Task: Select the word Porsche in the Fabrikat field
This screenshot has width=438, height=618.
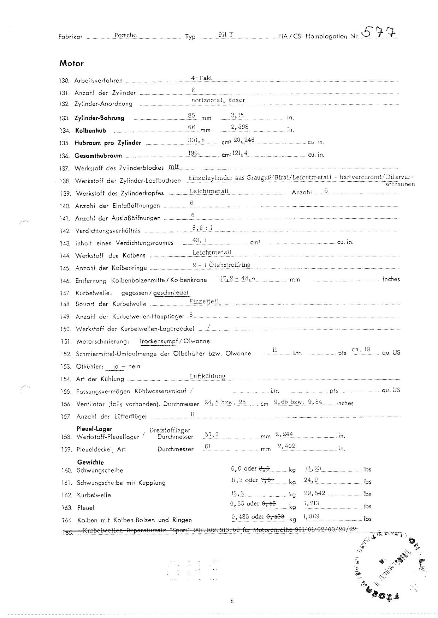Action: click(x=125, y=35)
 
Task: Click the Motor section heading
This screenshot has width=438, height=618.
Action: click(x=71, y=64)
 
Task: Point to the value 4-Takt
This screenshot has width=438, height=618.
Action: click(x=201, y=78)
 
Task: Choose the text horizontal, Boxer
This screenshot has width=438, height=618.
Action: click(x=218, y=100)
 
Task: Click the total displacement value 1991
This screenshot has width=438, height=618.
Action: click(x=195, y=153)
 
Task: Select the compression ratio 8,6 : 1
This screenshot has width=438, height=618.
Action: click(x=202, y=228)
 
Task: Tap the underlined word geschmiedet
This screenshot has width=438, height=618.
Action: click(x=171, y=293)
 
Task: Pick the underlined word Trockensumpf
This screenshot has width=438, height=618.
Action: click(x=158, y=341)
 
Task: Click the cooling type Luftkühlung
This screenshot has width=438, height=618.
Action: click(x=207, y=376)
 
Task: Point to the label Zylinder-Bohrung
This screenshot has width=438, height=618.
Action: click(x=99, y=118)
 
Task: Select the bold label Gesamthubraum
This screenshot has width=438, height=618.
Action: click(x=98, y=156)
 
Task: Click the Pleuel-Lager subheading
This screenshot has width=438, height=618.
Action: click(x=94, y=429)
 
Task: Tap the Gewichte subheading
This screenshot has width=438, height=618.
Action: click(x=90, y=462)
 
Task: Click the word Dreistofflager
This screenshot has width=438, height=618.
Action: click(x=170, y=430)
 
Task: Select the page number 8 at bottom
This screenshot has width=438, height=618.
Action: click(x=232, y=601)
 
